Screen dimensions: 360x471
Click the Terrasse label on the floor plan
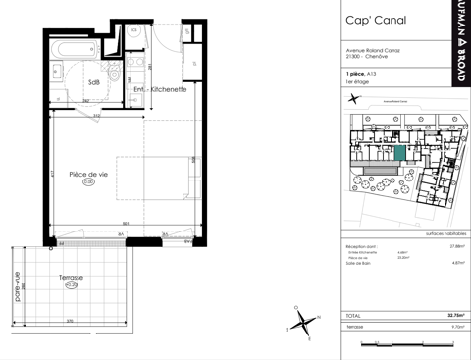point(70,278)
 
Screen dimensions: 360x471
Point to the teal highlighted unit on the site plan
point(398,153)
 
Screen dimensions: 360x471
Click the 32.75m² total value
point(454,317)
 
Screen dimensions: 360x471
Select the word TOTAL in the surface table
point(354,317)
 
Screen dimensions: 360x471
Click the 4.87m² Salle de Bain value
point(455,263)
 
